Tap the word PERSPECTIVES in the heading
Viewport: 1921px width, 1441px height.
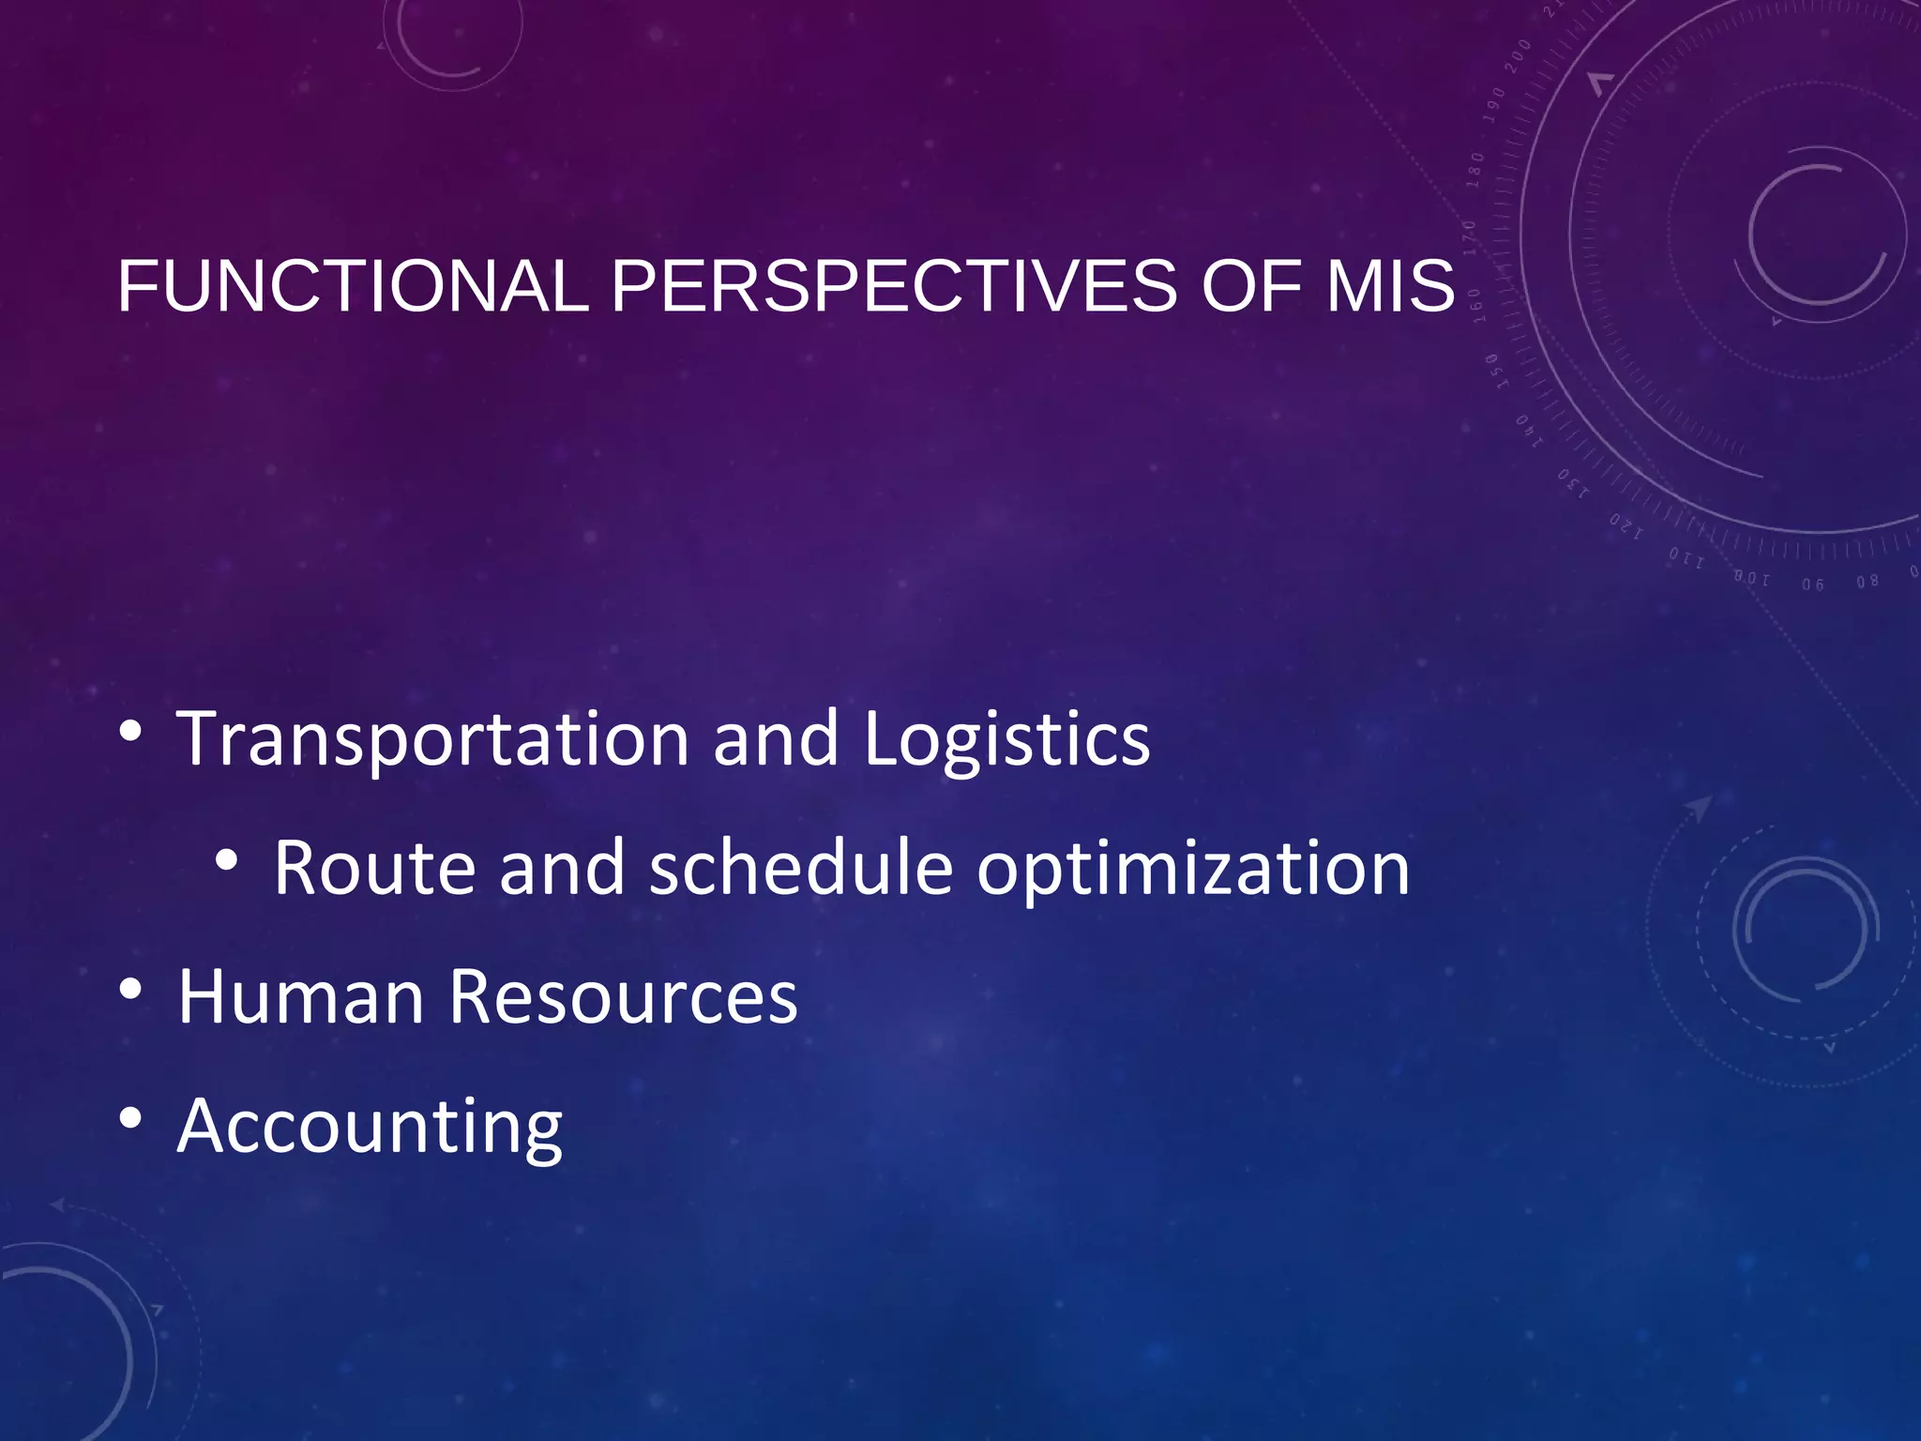click(x=894, y=286)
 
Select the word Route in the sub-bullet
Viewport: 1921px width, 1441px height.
click(x=374, y=869)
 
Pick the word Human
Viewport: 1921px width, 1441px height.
click(x=301, y=996)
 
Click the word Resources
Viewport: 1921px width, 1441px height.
click(x=623, y=996)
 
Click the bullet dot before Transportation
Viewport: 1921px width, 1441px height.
click(x=131, y=731)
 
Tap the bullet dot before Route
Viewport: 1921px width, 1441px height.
click(x=226, y=859)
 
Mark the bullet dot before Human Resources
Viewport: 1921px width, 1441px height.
click(x=131, y=989)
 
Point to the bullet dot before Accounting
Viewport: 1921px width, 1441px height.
click(x=131, y=1117)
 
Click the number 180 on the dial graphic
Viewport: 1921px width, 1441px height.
click(x=1475, y=169)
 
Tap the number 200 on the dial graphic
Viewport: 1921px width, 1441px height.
click(x=1517, y=56)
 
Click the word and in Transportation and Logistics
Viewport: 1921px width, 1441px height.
click(x=775, y=739)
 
